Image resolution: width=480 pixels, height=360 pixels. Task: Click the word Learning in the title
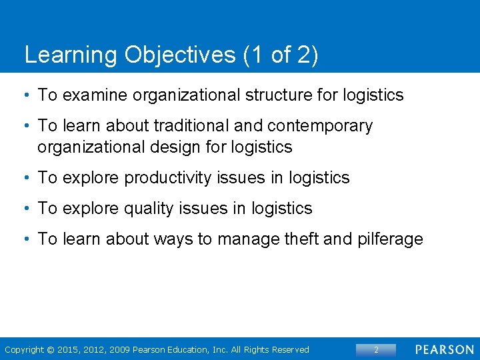(71, 55)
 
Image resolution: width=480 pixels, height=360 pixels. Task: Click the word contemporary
(320, 126)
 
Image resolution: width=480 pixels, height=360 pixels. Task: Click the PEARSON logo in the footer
(444, 349)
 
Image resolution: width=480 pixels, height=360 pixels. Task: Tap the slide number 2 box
(376, 349)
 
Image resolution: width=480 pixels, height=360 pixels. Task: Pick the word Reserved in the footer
(289, 349)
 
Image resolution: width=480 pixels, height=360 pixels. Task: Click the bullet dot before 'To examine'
(27, 95)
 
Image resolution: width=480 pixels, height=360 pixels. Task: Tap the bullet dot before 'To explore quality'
(27, 209)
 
